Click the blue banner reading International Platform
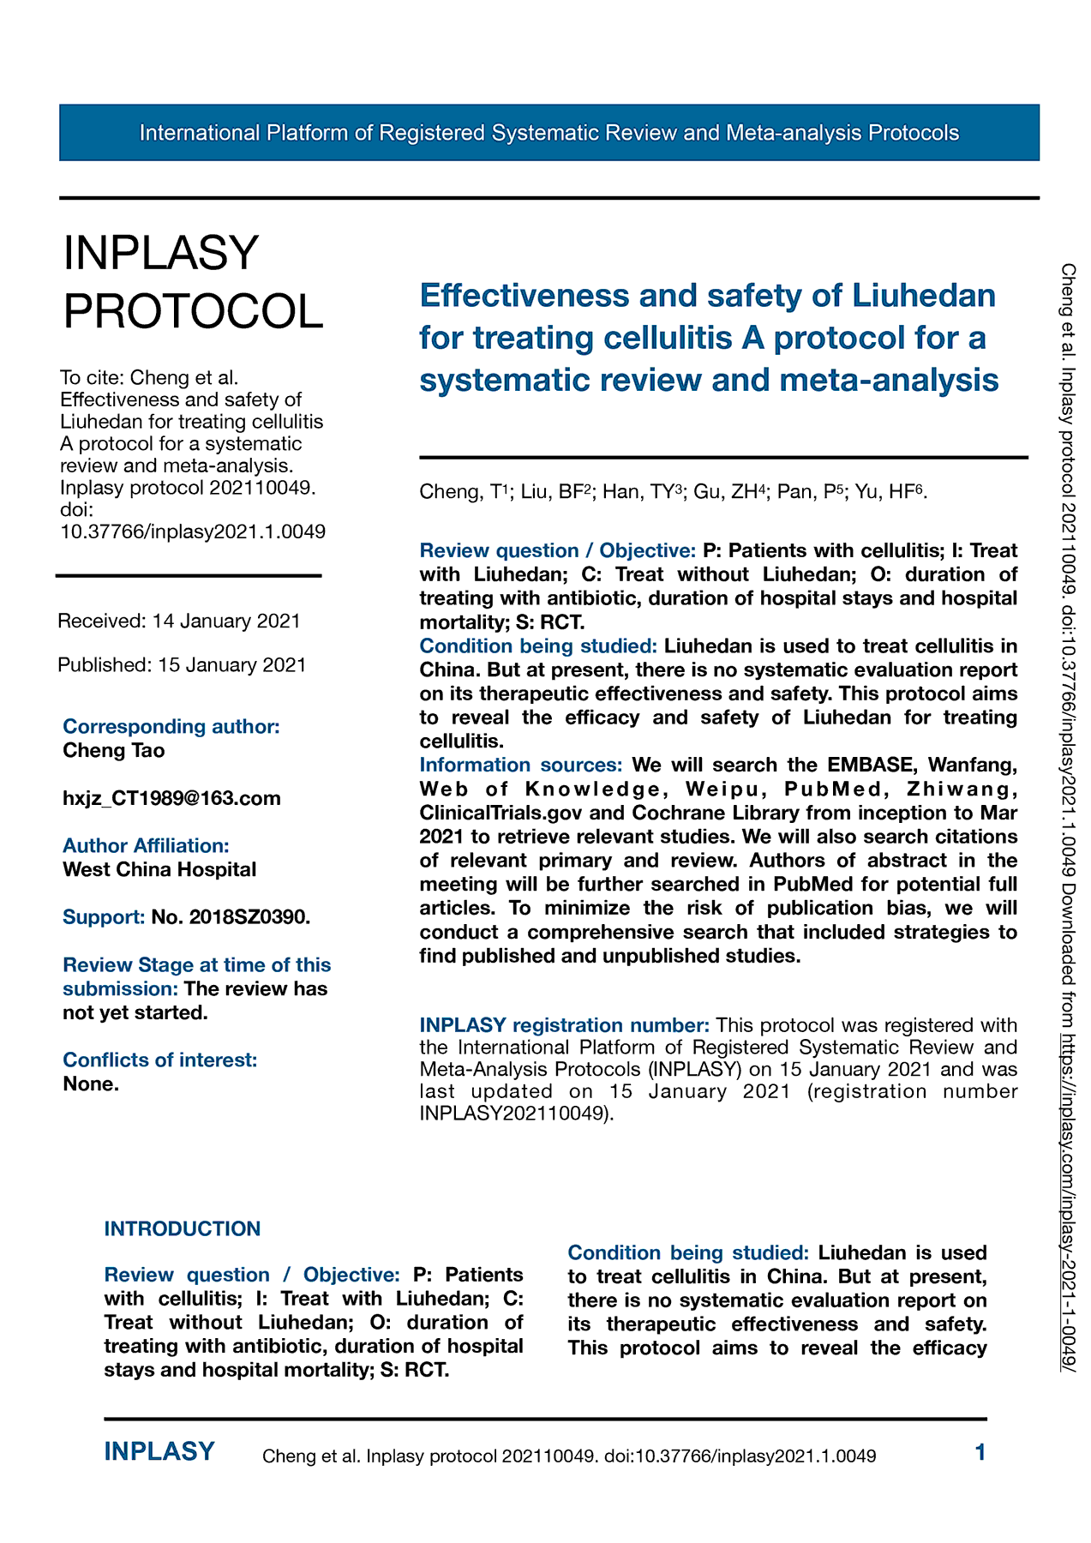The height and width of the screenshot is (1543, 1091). tap(548, 133)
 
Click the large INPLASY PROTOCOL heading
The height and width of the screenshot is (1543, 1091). tap(193, 282)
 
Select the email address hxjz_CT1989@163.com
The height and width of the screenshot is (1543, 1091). tap(171, 798)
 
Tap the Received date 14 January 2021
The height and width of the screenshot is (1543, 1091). tap(179, 621)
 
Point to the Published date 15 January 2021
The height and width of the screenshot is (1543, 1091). tap(182, 665)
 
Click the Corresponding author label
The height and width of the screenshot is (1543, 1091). tap(171, 726)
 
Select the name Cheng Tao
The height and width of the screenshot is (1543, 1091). tap(114, 750)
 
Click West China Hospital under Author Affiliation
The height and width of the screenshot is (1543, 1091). tap(159, 869)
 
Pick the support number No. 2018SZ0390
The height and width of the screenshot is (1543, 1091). tap(230, 917)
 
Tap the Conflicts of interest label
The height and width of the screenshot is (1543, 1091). tap(159, 1060)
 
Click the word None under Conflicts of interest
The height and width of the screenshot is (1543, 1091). tap(91, 1084)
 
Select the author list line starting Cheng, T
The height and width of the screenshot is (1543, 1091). tap(673, 491)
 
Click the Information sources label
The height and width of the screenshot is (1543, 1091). tap(520, 765)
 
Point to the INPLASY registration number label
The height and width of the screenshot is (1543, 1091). tap(564, 1025)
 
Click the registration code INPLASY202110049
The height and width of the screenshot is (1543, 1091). tap(514, 1114)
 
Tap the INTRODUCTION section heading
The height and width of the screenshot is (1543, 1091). tap(182, 1228)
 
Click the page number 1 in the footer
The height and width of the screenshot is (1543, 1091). tap(980, 1452)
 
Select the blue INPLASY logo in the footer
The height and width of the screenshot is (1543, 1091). tap(159, 1451)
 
